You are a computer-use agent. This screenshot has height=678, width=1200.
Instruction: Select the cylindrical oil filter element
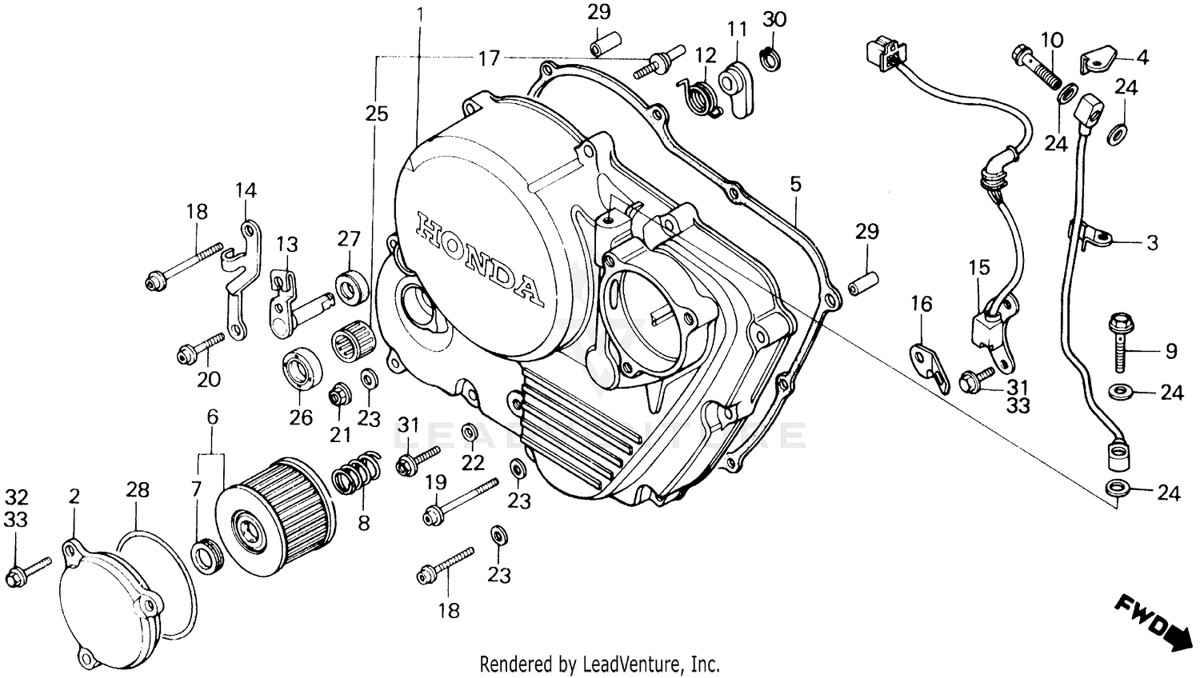point(276,516)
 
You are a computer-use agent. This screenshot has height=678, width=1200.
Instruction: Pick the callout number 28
point(138,489)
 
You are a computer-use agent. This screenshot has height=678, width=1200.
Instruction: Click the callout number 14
point(246,190)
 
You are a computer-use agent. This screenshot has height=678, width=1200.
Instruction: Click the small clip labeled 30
point(770,58)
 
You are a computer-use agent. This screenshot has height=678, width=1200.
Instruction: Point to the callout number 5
point(794,184)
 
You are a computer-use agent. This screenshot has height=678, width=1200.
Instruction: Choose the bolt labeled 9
point(1121,344)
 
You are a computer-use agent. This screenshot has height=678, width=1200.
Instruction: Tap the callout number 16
point(922,304)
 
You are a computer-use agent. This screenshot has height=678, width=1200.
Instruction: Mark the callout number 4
point(1142,58)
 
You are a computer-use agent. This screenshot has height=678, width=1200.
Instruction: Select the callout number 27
point(349,238)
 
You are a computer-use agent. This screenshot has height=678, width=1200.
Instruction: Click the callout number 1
point(421,14)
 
